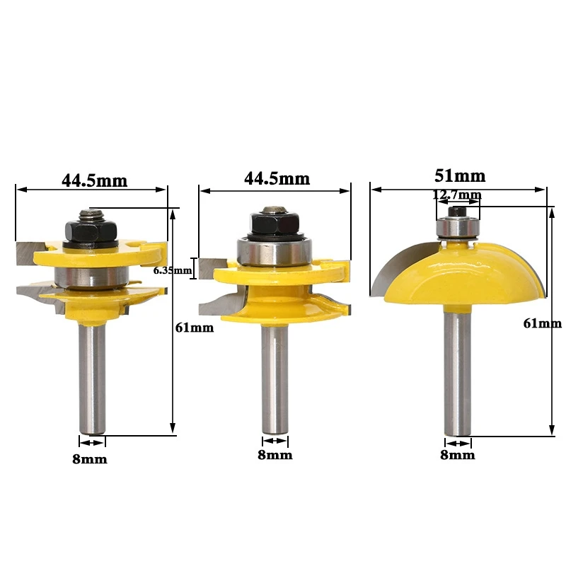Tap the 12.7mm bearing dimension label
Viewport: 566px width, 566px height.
click(x=458, y=195)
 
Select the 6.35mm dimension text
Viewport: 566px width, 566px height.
click(x=173, y=270)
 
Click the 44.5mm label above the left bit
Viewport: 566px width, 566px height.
click(x=93, y=180)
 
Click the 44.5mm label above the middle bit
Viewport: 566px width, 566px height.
click(x=277, y=178)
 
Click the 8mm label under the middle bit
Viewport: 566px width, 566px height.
click(x=275, y=455)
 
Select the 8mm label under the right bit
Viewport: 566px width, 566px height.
click(x=458, y=455)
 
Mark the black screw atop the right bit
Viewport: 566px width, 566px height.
click(x=456, y=210)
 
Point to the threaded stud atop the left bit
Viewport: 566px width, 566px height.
click(x=91, y=212)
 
